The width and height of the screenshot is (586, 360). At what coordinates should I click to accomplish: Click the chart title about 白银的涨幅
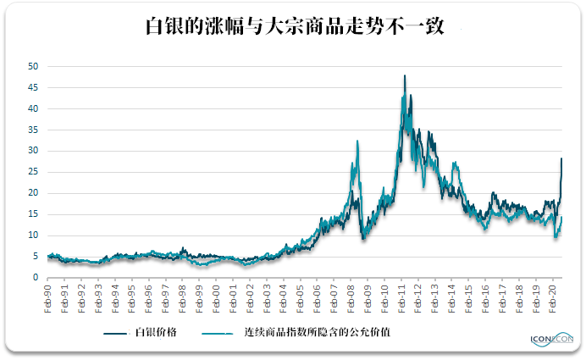click(x=293, y=25)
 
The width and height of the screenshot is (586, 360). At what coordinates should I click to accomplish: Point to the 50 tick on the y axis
click(x=33, y=66)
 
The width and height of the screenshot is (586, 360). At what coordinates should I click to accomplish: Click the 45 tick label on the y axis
click(x=33, y=87)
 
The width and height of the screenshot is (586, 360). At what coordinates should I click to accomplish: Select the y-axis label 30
click(x=33, y=151)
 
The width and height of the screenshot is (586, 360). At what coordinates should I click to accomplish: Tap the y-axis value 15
click(x=33, y=214)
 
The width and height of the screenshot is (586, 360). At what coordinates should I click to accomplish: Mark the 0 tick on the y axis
click(x=35, y=278)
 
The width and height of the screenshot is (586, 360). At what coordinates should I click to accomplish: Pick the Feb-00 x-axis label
click(x=216, y=296)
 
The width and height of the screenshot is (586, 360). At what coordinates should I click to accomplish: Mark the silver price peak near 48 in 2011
click(x=405, y=76)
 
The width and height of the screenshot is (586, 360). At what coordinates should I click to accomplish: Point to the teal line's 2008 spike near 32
click(x=357, y=141)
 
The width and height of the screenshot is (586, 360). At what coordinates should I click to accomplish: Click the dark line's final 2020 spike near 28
click(x=561, y=158)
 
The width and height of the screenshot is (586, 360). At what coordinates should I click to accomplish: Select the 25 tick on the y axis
click(x=33, y=172)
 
